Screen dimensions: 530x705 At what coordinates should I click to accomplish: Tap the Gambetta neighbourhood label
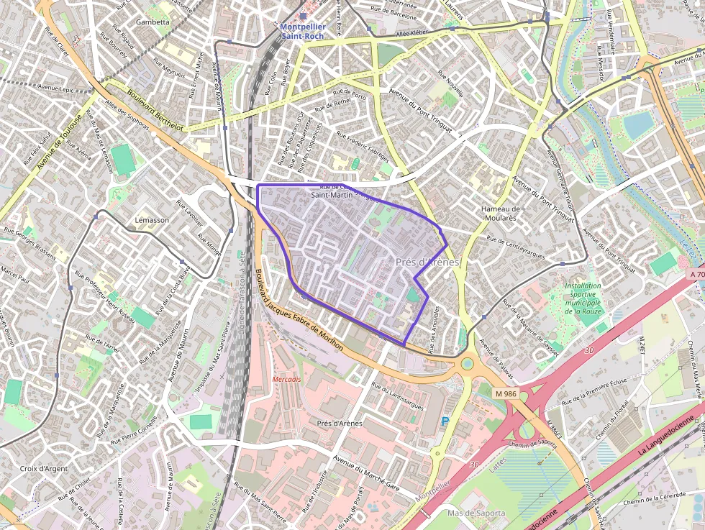pos(153,22)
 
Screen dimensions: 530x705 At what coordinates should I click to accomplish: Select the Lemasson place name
pos(151,220)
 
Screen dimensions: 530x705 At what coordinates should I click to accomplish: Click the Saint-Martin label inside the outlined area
pos(330,194)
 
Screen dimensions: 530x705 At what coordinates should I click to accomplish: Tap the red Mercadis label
pos(287,379)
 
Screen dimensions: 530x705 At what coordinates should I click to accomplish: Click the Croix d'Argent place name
pos(44,469)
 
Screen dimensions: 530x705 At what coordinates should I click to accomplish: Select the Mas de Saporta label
pos(476,513)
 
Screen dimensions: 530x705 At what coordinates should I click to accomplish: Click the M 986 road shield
pos(506,394)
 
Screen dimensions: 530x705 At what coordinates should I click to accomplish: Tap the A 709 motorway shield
pos(696,274)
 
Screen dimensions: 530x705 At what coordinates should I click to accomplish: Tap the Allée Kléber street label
pos(412,34)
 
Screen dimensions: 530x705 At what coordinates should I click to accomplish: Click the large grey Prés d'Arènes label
pos(427,262)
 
